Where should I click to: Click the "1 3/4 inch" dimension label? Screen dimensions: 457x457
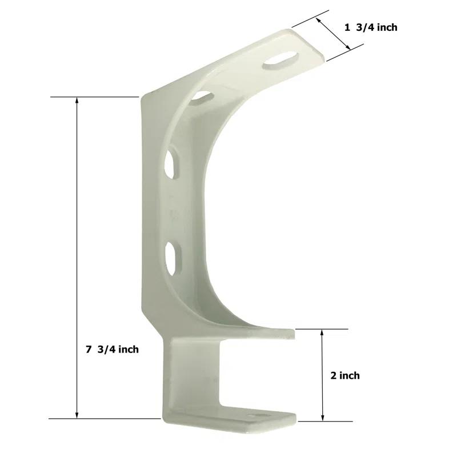point(371,27)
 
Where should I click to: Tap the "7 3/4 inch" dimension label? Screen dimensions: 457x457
point(113,349)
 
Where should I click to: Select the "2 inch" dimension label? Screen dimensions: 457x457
point(345,375)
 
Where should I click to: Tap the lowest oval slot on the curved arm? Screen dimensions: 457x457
point(172,254)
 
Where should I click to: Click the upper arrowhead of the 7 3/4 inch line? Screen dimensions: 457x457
point(77,102)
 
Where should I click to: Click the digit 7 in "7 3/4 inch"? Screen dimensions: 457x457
point(89,349)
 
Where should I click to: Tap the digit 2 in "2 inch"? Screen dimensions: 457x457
point(334,375)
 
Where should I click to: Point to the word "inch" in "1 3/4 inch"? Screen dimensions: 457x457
point(386,27)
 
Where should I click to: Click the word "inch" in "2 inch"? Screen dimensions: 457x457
point(350,375)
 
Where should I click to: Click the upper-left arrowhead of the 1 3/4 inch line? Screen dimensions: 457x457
point(319,19)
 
